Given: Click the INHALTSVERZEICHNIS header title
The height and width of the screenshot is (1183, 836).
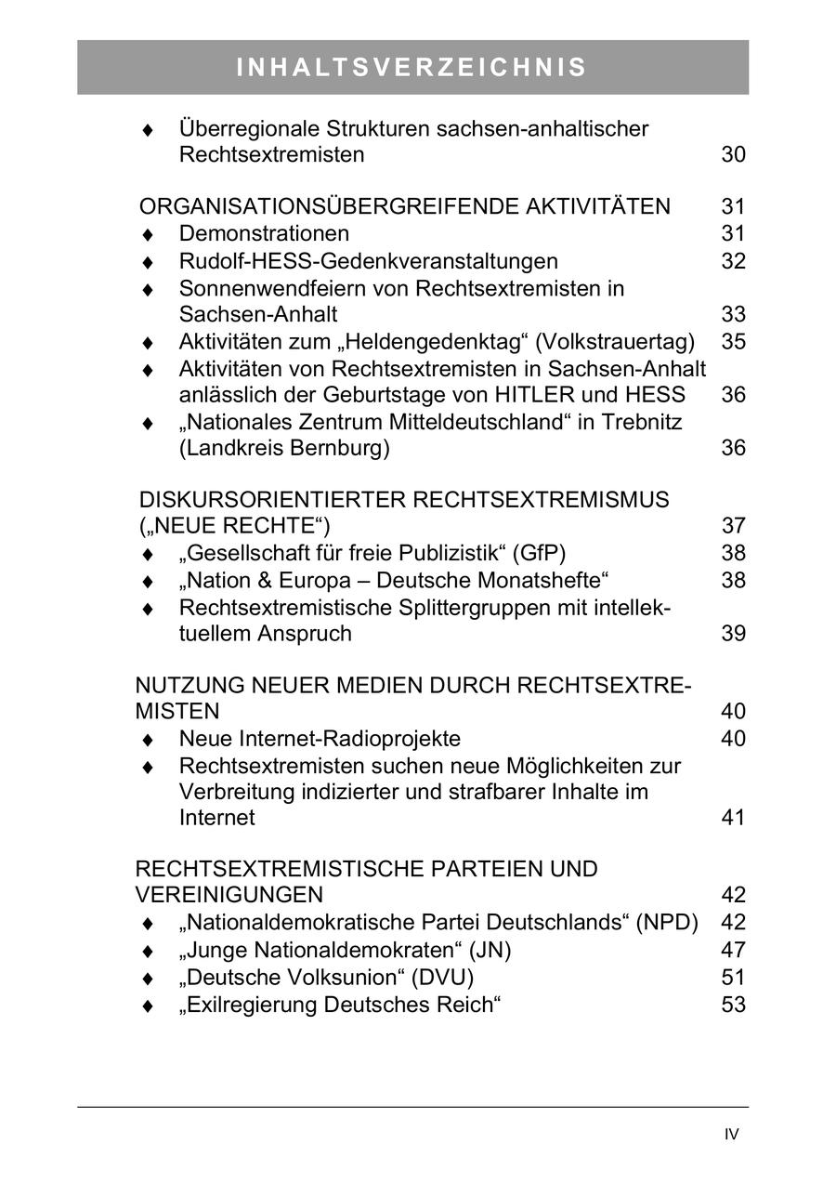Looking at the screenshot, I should coord(412,68).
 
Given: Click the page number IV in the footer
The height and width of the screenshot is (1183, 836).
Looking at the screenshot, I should coord(732,1134).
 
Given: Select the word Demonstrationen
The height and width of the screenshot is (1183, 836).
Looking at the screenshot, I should coord(264,233).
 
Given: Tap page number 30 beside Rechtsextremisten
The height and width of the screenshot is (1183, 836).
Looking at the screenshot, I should coord(733,154).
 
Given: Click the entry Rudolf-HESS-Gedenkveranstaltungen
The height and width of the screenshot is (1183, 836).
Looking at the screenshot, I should coord(368,261).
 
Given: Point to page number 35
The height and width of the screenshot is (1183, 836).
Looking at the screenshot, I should coord(733,341).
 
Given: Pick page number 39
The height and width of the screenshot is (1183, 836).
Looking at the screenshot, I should coord(733,634).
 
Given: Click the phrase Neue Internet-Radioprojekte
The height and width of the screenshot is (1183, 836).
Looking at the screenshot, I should coord(320,739).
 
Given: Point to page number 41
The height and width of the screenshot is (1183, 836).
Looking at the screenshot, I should coord(733,818).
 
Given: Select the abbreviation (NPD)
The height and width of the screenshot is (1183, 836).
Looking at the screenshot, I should coord(667,923).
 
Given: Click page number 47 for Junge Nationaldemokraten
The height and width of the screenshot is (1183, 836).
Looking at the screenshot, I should coord(733,950).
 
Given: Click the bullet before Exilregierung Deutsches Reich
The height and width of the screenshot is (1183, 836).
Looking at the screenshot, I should coord(147,1006).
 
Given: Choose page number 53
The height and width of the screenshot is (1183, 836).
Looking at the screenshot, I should coord(733,1005).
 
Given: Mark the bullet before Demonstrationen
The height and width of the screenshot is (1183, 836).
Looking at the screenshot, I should coord(147,234).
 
